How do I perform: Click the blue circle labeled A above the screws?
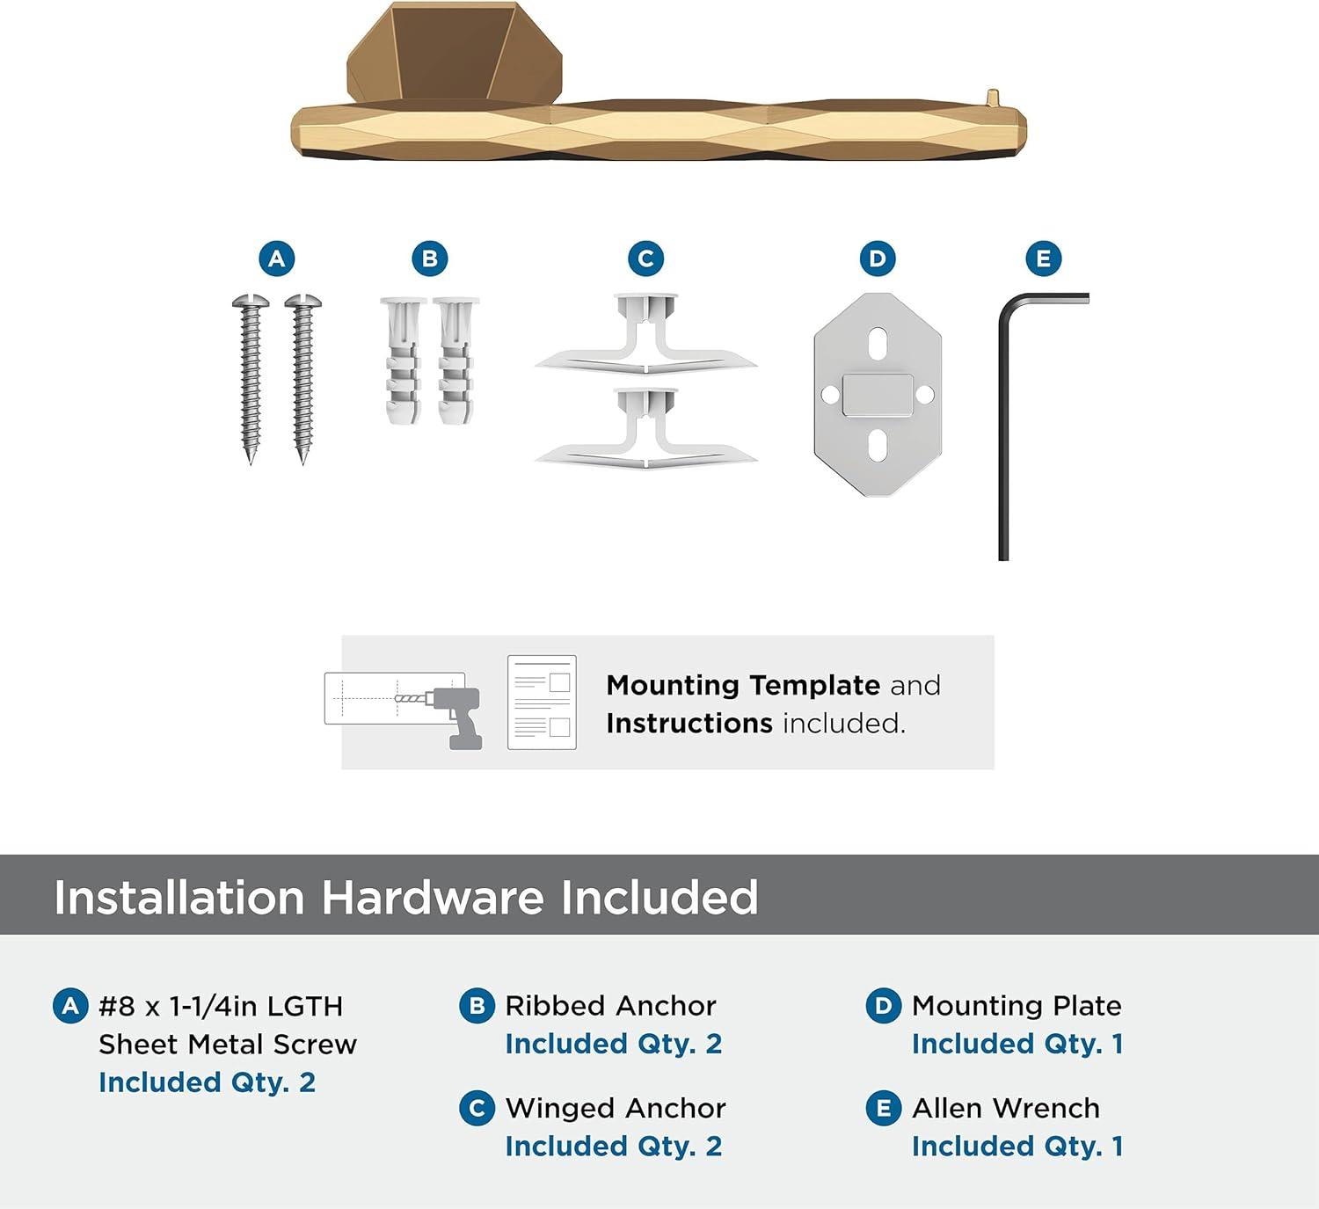click(x=277, y=259)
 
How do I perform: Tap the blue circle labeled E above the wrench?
click(x=1044, y=259)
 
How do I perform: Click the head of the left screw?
click(x=251, y=302)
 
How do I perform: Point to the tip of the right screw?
click(x=302, y=462)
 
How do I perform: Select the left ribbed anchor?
click(x=403, y=361)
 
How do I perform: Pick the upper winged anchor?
click(x=645, y=334)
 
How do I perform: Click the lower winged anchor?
click(x=645, y=429)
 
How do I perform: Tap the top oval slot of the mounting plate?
click(x=878, y=344)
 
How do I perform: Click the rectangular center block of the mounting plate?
click(x=878, y=396)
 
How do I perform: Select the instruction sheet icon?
click(x=542, y=702)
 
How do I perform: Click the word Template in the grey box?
click(x=814, y=686)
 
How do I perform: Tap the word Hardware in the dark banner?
click(x=432, y=897)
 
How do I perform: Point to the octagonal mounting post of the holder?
click(x=455, y=53)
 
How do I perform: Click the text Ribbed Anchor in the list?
click(x=610, y=1006)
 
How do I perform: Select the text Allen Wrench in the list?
click(x=1005, y=1109)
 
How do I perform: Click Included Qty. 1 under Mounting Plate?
click(x=1017, y=1044)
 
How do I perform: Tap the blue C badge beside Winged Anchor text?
click(x=477, y=1109)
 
